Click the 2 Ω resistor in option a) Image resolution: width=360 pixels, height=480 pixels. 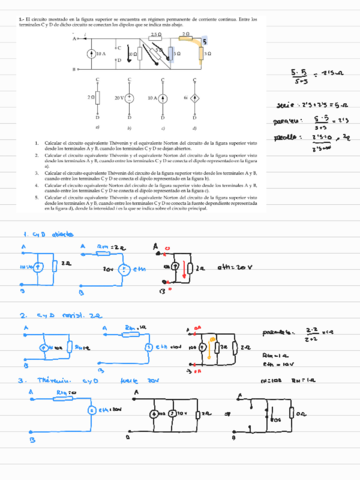click(x=98, y=99)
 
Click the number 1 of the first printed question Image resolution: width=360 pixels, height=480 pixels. click(x=38, y=142)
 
